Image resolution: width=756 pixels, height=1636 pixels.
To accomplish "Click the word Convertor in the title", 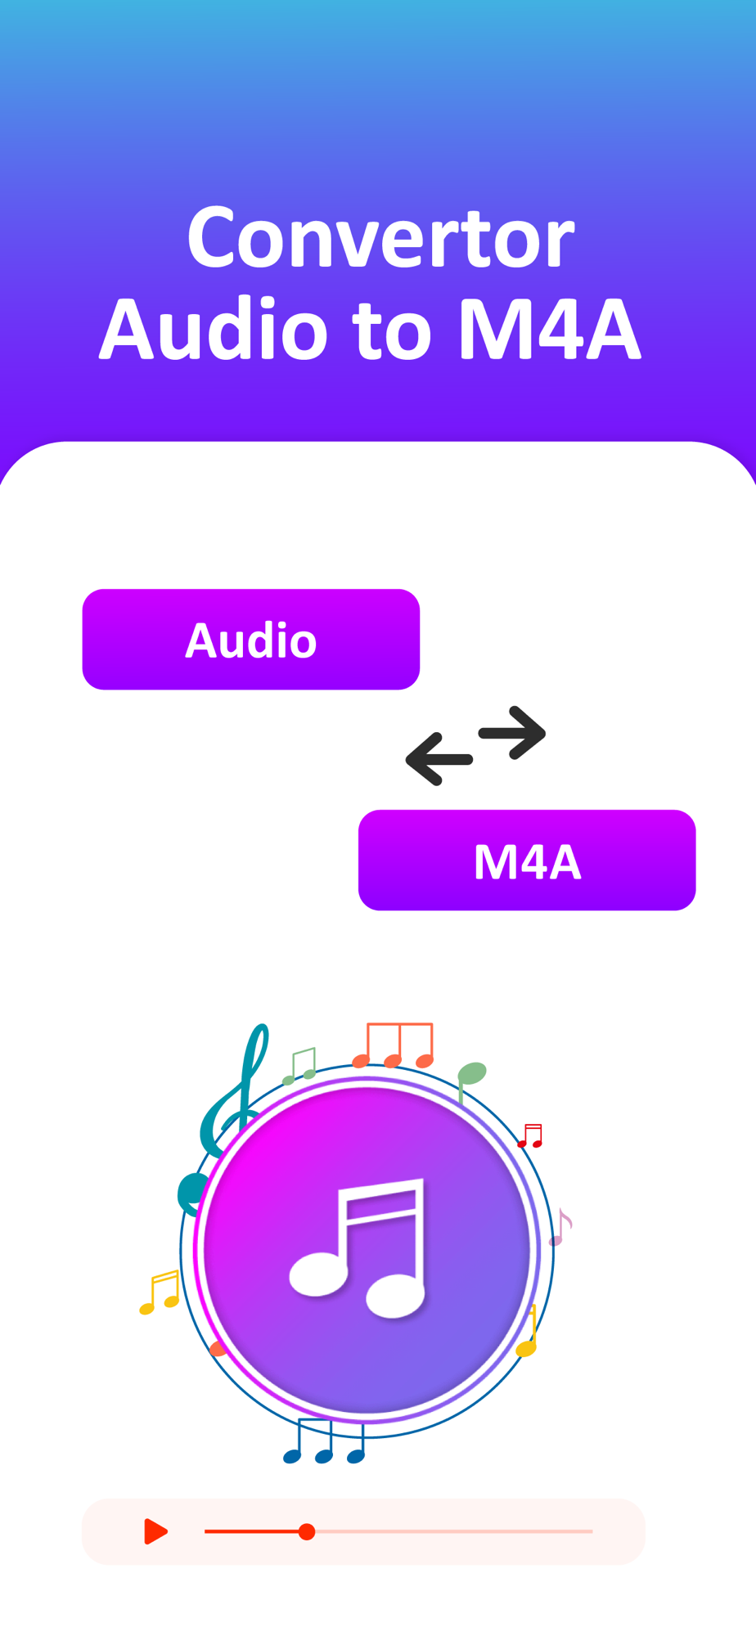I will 380,239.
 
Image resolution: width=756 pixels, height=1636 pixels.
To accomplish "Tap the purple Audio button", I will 251,640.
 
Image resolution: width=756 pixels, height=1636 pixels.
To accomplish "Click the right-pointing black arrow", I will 514,732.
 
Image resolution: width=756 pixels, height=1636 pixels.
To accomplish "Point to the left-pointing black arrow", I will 439,759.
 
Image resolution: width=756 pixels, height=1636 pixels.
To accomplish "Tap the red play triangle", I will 155,1531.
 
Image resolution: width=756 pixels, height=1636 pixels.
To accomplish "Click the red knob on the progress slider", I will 307,1531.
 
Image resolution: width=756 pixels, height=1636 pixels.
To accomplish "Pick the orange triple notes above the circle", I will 394,1045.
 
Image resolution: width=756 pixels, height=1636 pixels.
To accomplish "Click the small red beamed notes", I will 531,1136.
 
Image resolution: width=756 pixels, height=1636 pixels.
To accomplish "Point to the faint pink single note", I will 561,1228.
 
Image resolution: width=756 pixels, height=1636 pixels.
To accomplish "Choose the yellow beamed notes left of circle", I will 160,1293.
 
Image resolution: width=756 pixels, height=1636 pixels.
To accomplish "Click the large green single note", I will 470,1076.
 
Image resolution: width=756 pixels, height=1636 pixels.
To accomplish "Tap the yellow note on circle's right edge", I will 529,1333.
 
